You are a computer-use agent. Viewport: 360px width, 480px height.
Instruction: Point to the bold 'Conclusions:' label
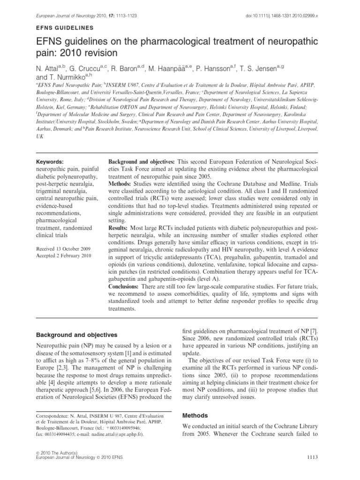click(x=125, y=286)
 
